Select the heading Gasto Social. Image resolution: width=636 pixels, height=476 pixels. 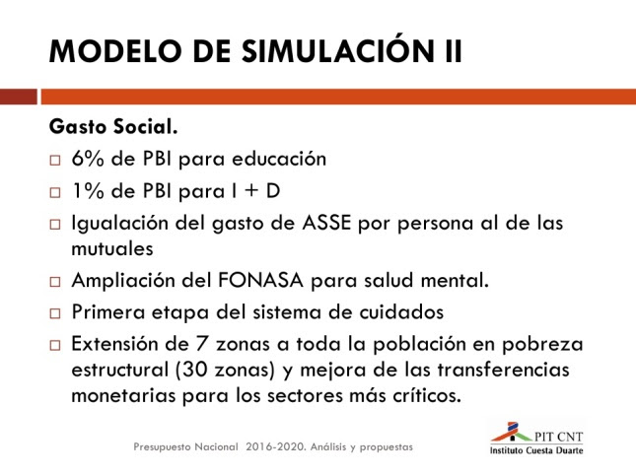click(x=113, y=126)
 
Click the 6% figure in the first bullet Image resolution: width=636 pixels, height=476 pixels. click(x=88, y=159)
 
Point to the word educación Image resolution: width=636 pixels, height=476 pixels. click(x=279, y=159)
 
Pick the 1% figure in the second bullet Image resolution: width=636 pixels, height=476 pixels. click(x=88, y=191)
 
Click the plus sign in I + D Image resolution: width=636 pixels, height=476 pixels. click(x=251, y=191)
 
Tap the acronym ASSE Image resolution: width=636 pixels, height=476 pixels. click(x=326, y=223)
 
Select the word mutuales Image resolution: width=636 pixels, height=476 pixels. click(x=112, y=248)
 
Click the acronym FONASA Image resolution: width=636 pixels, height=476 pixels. click(x=260, y=280)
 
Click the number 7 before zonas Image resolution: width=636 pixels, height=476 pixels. click(x=201, y=344)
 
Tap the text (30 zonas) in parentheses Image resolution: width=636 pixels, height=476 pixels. click(x=226, y=371)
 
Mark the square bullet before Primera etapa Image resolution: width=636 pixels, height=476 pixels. click(x=55, y=313)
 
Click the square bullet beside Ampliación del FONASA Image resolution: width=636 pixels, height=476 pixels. click(x=55, y=282)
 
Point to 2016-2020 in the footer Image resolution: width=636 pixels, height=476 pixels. click(x=275, y=446)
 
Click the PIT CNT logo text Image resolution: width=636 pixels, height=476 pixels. click(x=558, y=437)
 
